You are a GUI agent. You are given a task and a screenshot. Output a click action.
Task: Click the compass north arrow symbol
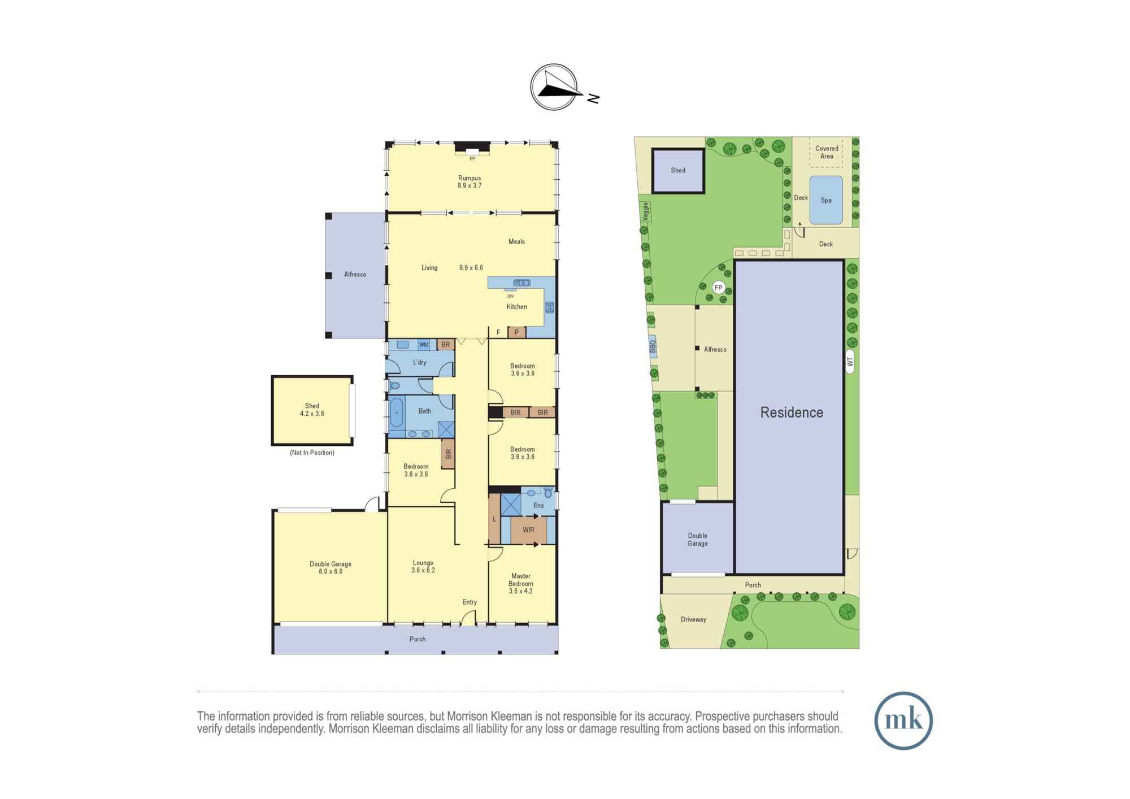[554, 87]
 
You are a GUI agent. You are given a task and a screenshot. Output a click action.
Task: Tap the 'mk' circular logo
[903, 720]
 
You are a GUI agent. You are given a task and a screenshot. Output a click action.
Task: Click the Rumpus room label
[470, 181]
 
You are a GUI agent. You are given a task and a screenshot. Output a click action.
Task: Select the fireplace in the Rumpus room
[472, 148]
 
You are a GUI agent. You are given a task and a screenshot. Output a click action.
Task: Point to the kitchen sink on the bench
[521, 283]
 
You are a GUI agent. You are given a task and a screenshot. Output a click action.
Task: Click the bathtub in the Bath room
[397, 413]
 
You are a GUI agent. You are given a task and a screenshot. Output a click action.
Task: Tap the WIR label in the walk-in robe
[528, 530]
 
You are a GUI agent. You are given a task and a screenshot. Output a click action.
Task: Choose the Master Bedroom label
[520, 584]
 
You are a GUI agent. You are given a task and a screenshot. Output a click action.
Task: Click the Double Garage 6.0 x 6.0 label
[331, 568]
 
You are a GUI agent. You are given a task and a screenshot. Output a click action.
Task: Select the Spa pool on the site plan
[826, 200]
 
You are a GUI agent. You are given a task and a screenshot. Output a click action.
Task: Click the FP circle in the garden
[718, 288]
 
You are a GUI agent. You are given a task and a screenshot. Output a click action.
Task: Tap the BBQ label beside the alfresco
[653, 346]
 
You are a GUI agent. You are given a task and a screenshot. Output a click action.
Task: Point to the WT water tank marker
[850, 362]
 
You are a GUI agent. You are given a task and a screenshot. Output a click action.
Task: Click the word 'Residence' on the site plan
[792, 412]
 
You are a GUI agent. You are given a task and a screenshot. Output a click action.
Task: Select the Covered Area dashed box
[827, 151]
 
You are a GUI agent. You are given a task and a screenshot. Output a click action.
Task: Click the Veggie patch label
[645, 212]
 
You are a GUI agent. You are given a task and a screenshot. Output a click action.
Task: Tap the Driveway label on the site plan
[693, 619]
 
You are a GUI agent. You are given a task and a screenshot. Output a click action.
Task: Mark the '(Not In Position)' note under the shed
[312, 453]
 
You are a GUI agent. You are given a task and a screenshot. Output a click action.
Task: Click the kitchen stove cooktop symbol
[549, 308]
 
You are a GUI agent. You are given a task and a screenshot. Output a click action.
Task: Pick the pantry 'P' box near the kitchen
[516, 332]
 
